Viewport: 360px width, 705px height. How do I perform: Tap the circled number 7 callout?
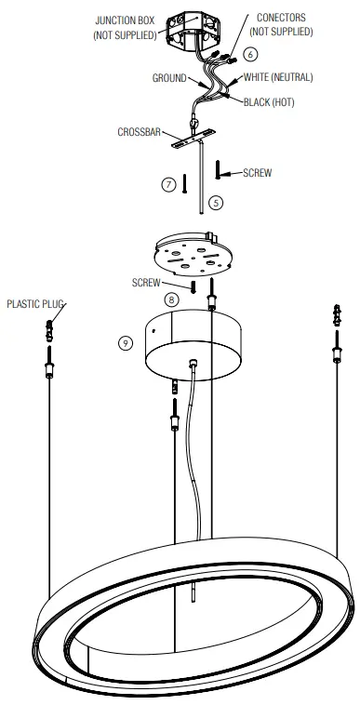[168, 184]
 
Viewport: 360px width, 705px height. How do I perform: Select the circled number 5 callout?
[216, 201]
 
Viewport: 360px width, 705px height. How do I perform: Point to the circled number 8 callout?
[171, 299]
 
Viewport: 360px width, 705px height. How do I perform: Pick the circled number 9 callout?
[127, 342]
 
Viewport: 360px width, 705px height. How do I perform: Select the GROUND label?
[169, 78]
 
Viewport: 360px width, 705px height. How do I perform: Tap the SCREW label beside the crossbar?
[257, 173]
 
